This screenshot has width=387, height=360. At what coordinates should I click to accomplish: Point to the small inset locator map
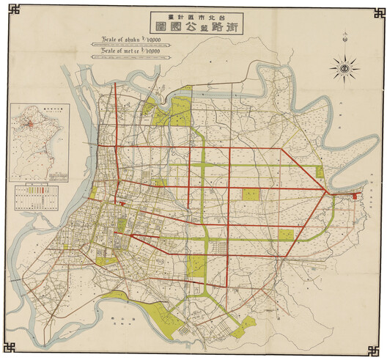(x=36, y=140)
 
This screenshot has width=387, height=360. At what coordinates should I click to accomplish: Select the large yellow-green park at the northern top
(x=183, y=110)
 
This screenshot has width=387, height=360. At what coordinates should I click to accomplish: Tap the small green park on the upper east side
(x=320, y=172)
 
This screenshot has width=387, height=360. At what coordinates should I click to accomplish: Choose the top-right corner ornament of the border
(x=377, y=10)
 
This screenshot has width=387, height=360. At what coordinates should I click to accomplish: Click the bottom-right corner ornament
(x=377, y=350)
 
